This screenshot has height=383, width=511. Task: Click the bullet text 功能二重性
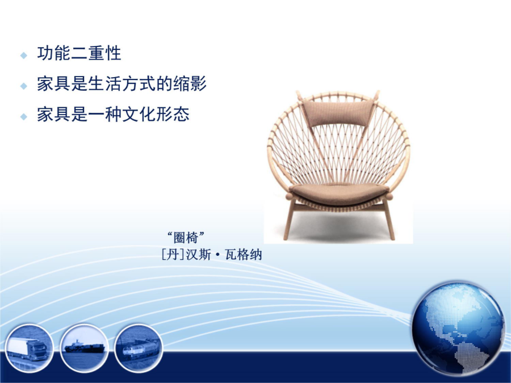(79, 53)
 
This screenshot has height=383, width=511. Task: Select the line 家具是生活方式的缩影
(122, 83)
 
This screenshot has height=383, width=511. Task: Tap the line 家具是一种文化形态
(113, 114)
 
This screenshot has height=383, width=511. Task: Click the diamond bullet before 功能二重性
(24, 56)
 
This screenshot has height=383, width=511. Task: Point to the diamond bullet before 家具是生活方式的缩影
(24, 86)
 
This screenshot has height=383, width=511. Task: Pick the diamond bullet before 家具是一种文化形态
(24, 116)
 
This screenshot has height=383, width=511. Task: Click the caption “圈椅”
(186, 237)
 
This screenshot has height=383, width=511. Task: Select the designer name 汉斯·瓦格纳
(224, 255)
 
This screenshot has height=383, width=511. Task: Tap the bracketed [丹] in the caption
(173, 255)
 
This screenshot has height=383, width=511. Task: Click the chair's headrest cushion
(338, 113)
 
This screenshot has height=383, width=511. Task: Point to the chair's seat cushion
(339, 193)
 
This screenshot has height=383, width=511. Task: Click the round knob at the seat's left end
(289, 196)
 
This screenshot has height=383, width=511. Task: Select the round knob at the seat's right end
(389, 196)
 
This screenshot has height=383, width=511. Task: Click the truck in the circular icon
(27, 349)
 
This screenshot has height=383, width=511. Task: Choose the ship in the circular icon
(85, 347)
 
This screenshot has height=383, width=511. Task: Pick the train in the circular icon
(140, 349)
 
